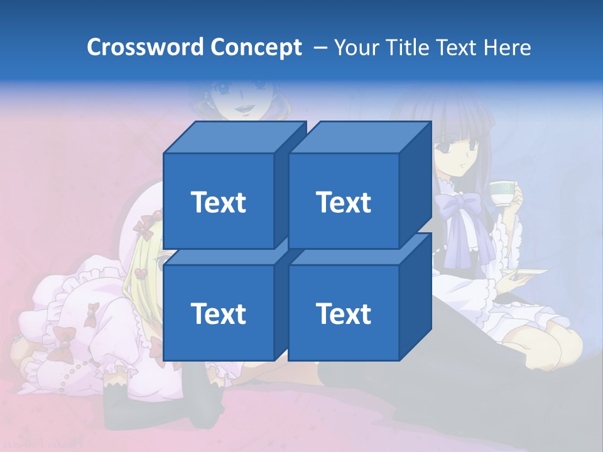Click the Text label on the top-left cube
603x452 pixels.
218,202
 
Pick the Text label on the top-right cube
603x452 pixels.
344,202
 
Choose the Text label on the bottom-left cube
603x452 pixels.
218,313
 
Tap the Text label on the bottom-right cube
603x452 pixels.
344,313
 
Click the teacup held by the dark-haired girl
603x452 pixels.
503,193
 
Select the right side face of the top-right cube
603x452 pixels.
415,185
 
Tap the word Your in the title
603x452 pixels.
357,47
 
